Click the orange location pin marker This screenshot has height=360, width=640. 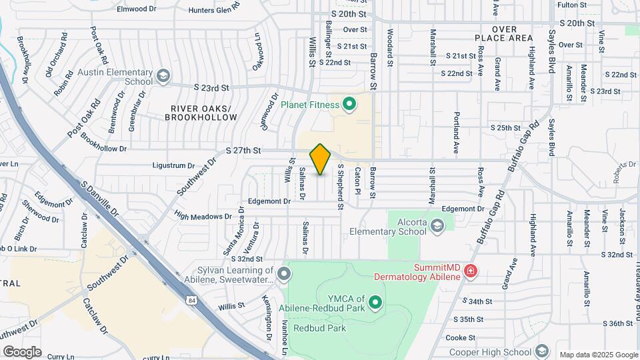tap(321, 159)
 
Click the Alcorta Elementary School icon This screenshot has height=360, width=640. tap(437, 227)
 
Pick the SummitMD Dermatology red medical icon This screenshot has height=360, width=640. tap(471, 271)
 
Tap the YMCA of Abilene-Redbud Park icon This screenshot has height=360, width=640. tap(375, 303)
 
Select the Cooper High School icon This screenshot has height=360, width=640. tap(542, 351)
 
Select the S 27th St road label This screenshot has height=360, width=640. tap(243, 151)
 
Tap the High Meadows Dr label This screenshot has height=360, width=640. tap(203, 216)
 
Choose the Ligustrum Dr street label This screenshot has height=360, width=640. tap(173, 165)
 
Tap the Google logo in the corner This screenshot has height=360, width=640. tap(22, 351)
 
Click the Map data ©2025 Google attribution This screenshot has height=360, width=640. tap(599, 355)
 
